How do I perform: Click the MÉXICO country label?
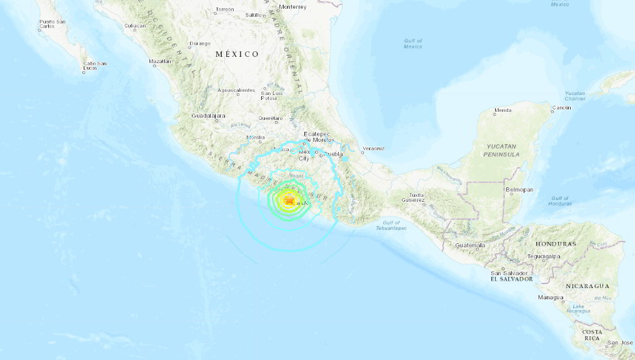[x=237, y=54]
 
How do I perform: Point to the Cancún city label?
[x=561, y=109]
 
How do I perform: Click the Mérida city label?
[x=502, y=111]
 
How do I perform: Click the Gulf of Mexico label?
[x=413, y=44]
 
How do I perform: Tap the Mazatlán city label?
[x=160, y=61]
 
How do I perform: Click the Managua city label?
[x=550, y=297]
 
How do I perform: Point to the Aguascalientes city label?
[x=237, y=91]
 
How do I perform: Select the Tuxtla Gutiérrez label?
[x=412, y=197]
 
